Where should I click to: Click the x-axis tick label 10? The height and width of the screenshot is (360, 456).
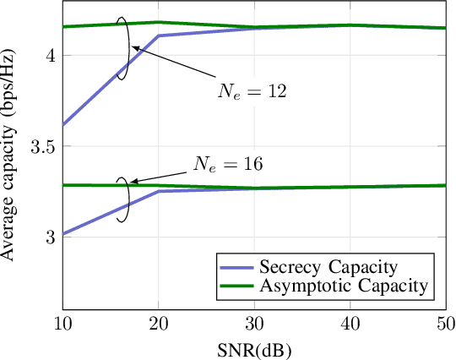(62, 325)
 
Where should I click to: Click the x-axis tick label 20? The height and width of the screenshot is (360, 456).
(159, 325)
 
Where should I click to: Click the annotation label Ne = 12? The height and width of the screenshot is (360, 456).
(249, 91)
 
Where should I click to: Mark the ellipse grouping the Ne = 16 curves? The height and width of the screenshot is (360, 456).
(123, 199)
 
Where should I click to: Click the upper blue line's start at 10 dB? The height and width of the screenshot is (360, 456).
(63, 125)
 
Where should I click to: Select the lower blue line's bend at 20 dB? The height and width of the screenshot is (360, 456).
(159, 192)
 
